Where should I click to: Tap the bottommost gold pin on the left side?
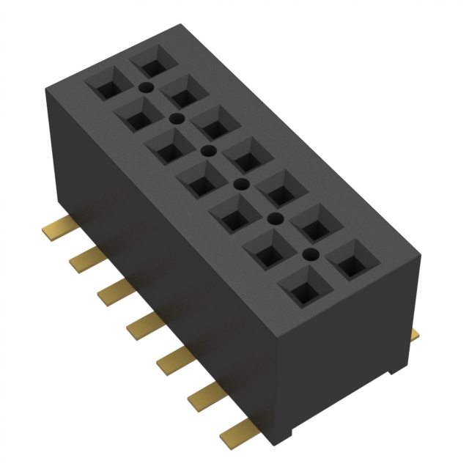pyautogui.click(x=234, y=431)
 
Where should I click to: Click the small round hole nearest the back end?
pyautogui.click(x=146, y=87)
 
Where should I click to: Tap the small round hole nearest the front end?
pyautogui.click(x=311, y=255)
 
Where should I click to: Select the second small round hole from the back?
pyautogui.click(x=176, y=117)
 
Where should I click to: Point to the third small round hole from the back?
pyautogui.click(x=209, y=151)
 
